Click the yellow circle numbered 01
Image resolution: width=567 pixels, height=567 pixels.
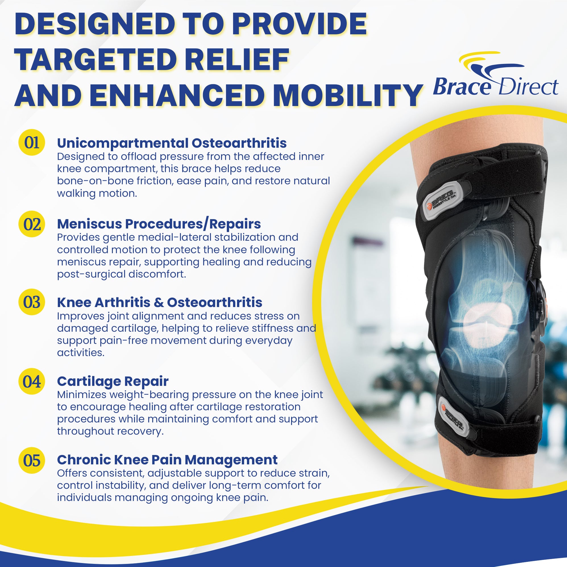(x=32, y=142)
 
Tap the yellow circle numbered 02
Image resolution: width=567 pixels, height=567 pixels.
(x=32, y=224)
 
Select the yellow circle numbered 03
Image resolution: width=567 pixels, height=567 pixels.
(x=32, y=302)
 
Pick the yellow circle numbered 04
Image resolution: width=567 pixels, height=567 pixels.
(x=32, y=381)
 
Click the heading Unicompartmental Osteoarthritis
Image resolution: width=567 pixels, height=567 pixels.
(x=172, y=143)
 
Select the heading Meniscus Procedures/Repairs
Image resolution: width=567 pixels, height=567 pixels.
(x=159, y=224)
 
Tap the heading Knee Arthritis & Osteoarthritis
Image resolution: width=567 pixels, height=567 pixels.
(x=160, y=302)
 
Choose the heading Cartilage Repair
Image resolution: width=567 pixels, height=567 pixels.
(x=113, y=381)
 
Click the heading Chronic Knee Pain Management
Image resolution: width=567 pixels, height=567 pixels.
(x=167, y=460)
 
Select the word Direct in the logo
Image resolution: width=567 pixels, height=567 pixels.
(x=528, y=87)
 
